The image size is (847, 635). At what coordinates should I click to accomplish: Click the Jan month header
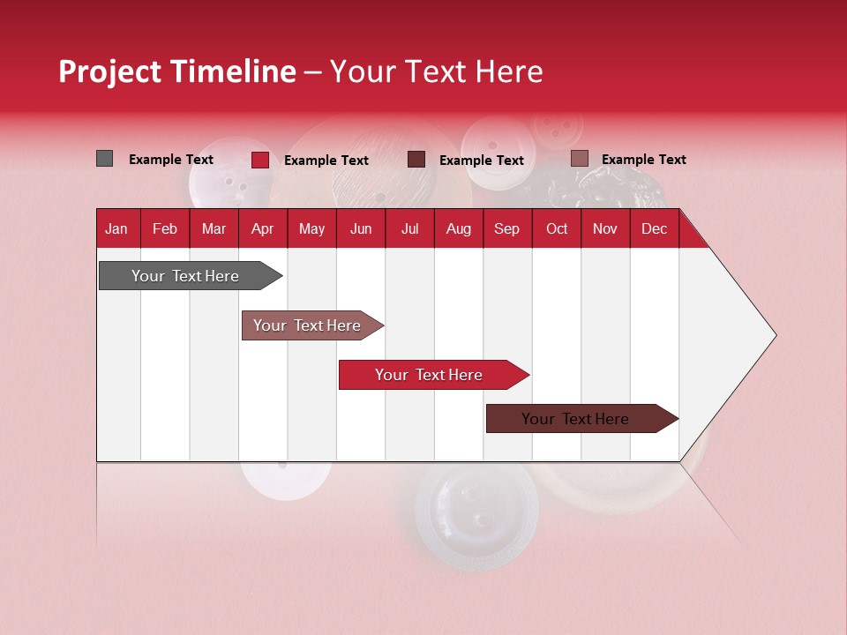[116, 228]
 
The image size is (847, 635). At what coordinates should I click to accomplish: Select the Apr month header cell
[262, 228]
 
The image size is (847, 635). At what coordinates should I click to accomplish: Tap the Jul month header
[409, 228]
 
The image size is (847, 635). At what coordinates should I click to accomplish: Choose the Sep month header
[506, 228]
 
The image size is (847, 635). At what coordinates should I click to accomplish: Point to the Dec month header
[654, 228]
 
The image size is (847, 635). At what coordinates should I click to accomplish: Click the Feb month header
[165, 228]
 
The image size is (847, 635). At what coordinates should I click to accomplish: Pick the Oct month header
[557, 228]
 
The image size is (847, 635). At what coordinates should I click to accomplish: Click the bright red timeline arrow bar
[430, 375]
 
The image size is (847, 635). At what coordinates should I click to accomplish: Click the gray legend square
[104, 159]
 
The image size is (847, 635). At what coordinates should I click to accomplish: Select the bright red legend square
[259, 160]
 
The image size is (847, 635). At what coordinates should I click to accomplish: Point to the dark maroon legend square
[416, 159]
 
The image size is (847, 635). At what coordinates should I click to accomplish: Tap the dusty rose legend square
[579, 159]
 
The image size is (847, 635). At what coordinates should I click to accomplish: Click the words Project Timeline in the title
[177, 71]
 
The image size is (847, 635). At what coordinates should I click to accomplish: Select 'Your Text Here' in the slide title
[436, 71]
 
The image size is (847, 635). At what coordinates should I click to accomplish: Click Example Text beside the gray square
[171, 160]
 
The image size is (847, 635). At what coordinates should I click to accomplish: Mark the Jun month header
[361, 228]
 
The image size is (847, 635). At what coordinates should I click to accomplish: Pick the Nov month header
[605, 228]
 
